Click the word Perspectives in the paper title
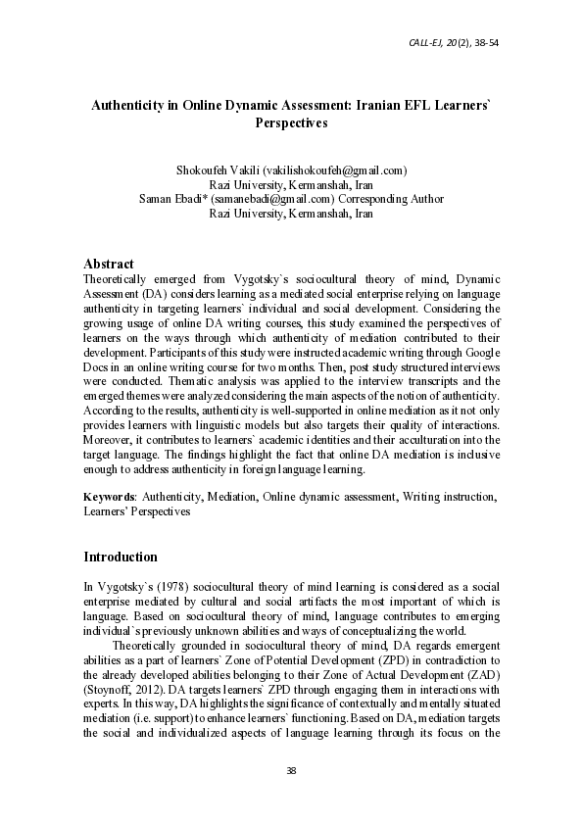(x=291, y=124)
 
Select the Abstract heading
(x=108, y=264)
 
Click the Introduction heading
(x=121, y=557)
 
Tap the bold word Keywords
(x=108, y=497)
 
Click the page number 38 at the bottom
(x=291, y=771)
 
